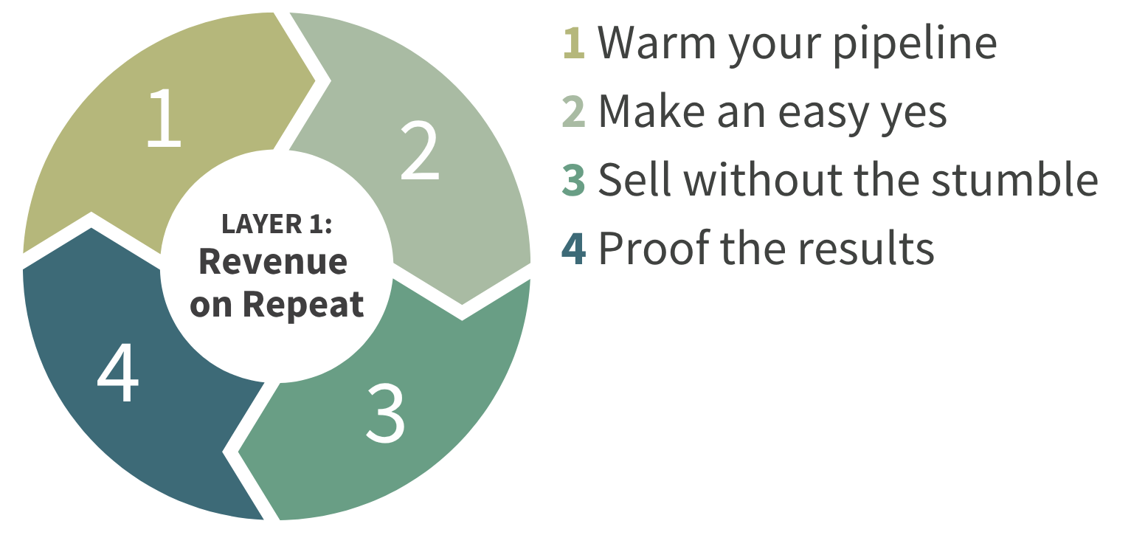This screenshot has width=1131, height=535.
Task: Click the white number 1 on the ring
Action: [x=164, y=117]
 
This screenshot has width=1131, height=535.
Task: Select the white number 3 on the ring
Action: [x=385, y=413]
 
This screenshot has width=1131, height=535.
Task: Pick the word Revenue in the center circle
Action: [x=274, y=262]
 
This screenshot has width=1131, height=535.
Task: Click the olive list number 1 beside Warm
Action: [x=574, y=44]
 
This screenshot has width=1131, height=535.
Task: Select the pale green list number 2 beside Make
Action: [x=574, y=111]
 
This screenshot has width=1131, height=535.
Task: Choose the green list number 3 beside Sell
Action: [x=574, y=179]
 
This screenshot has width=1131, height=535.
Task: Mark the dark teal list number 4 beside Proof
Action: [x=574, y=248]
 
